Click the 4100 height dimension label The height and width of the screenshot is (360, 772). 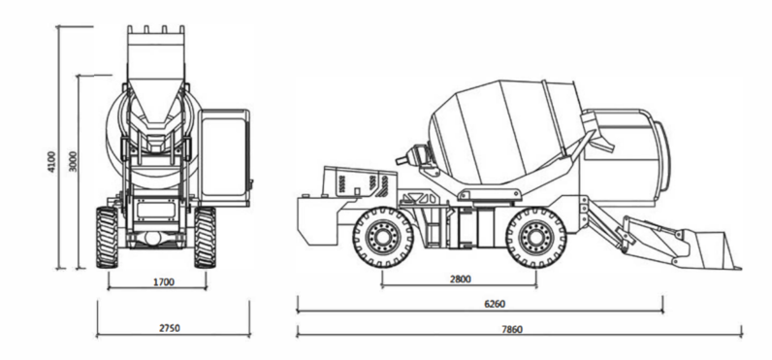point(51,161)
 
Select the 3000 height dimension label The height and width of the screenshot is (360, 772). point(73,161)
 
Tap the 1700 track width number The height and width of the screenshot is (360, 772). point(164,282)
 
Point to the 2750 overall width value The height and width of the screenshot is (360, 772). point(170,328)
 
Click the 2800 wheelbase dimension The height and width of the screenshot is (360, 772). point(461,279)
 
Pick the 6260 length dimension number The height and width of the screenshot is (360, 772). point(495,304)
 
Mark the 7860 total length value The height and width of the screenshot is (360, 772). point(512,330)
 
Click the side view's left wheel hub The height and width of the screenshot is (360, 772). point(383,238)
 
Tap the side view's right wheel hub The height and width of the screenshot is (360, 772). point(536,238)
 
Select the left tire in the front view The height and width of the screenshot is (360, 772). point(107,238)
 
